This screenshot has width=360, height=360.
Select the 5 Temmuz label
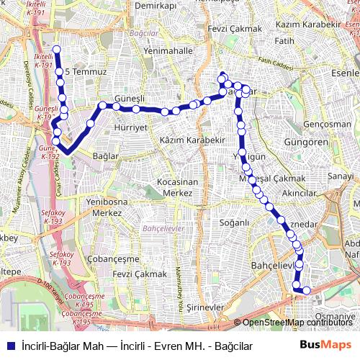86,73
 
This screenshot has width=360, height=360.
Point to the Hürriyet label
131,127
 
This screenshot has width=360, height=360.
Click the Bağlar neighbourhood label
106,156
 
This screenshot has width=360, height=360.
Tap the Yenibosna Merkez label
104,208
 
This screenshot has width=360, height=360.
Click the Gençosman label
328,124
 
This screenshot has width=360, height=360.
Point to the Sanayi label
341,176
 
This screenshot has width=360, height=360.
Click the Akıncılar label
300,194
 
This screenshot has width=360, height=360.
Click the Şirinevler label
206,307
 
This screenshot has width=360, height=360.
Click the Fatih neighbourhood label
284,41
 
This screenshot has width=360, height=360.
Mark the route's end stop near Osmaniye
307,291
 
